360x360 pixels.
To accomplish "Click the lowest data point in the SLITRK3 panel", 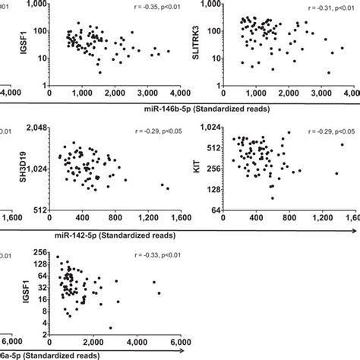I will pos(328,73).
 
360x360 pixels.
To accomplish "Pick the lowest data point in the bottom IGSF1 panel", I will pos(111,328).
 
